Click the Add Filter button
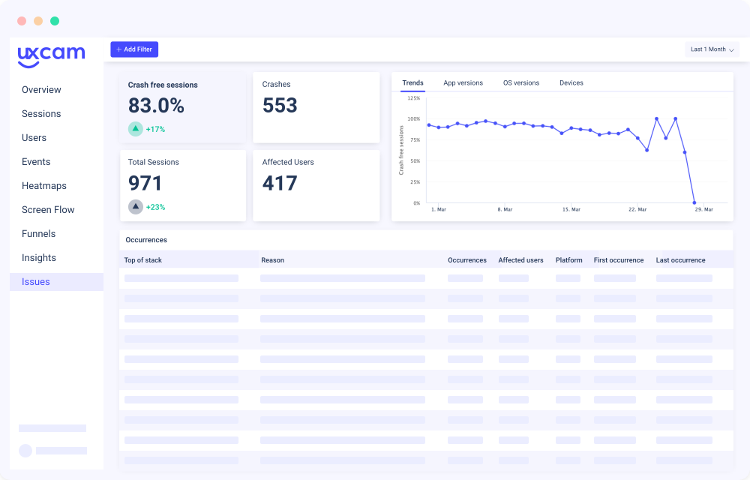point(134,49)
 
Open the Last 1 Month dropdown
point(712,49)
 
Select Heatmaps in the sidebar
point(44,186)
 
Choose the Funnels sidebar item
point(39,234)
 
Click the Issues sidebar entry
point(36,282)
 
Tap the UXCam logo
point(51,55)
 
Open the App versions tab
point(463,83)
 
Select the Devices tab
point(571,83)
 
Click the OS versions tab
point(521,83)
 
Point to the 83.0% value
point(156,106)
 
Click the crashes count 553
point(280,106)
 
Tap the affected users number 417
point(280,183)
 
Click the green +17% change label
point(155,129)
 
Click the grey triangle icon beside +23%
point(136,206)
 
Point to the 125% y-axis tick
point(413,97)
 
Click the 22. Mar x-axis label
point(637,210)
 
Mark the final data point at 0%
point(694,202)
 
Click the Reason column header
point(272,260)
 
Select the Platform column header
point(568,260)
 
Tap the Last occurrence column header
point(680,260)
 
